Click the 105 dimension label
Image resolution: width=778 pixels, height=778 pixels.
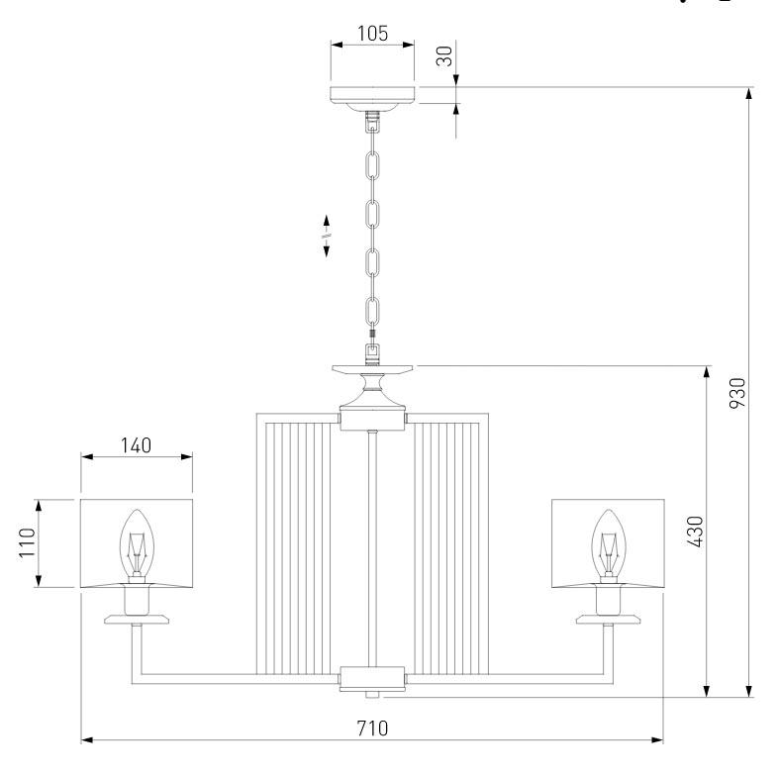372,32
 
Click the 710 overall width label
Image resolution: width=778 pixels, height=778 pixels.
371,729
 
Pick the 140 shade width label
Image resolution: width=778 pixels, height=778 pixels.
136,444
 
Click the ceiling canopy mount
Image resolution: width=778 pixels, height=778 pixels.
372,96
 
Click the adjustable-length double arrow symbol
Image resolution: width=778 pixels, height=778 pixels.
327,237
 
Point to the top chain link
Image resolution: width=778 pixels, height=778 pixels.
373,162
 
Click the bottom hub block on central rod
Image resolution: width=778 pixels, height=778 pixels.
372,677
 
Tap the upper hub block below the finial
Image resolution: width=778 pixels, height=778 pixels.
372,420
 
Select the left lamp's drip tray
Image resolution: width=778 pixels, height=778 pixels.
137,620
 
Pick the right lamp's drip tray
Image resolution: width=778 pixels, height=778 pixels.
607,620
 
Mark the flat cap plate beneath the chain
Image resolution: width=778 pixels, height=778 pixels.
372,368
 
